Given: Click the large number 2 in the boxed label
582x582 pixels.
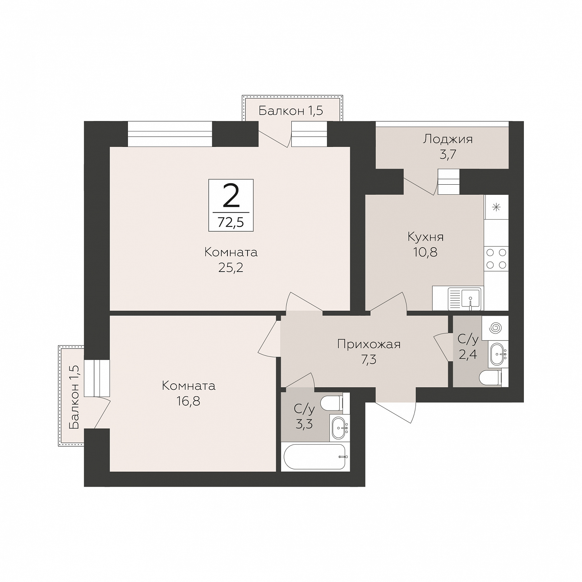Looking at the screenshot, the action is point(231,196).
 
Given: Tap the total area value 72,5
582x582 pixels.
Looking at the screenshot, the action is point(231,223).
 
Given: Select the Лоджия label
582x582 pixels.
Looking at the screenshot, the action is point(448,139).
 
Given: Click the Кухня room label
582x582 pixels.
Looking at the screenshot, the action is point(426,237).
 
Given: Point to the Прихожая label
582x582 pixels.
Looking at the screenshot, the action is point(369,344).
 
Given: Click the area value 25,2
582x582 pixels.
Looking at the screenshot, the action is point(231,268).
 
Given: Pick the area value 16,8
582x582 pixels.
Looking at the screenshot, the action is point(188,401).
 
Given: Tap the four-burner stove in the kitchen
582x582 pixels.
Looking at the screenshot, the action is point(496,259).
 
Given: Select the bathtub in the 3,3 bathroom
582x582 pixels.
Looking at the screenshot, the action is point(315,457).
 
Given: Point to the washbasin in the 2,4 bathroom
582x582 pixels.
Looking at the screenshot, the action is point(498,354).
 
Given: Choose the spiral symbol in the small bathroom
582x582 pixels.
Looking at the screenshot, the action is point(495,328).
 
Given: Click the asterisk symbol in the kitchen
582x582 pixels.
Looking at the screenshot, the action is point(496,207).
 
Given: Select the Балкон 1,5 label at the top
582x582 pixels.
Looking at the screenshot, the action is point(291,111).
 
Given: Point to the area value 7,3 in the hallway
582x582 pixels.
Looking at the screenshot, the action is point(369,359).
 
